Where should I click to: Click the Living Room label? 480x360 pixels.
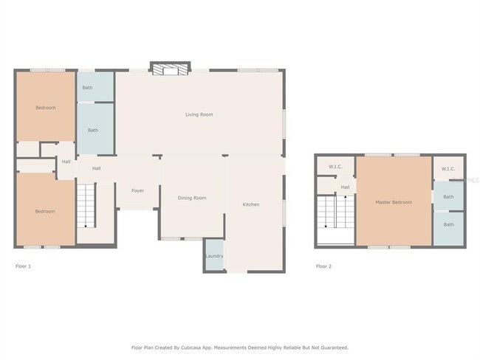pos(199,114)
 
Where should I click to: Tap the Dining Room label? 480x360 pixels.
pos(193,198)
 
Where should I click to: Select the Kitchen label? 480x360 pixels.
pos(251,204)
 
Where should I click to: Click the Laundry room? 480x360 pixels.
pos(214,256)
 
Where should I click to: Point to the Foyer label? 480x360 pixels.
pos(138,191)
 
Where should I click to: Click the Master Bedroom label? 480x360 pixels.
pos(394,202)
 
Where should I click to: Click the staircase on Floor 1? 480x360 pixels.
pos(87,205)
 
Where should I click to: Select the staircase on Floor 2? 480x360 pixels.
pos(326,214)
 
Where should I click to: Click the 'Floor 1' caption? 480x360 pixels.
pos(24,266)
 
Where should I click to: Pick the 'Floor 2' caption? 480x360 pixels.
pos(323,266)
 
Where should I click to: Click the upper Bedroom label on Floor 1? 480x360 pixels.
pos(46,108)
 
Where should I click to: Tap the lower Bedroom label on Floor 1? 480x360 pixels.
pos(45,212)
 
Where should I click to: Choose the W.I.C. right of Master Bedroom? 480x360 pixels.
pos(448,169)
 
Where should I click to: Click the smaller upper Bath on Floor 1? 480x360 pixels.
pos(88,88)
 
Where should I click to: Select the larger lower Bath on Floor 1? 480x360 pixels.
pos(93,131)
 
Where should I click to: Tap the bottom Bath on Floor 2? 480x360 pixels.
pos(448,224)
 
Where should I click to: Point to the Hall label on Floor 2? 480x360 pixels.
pos(345,187)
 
